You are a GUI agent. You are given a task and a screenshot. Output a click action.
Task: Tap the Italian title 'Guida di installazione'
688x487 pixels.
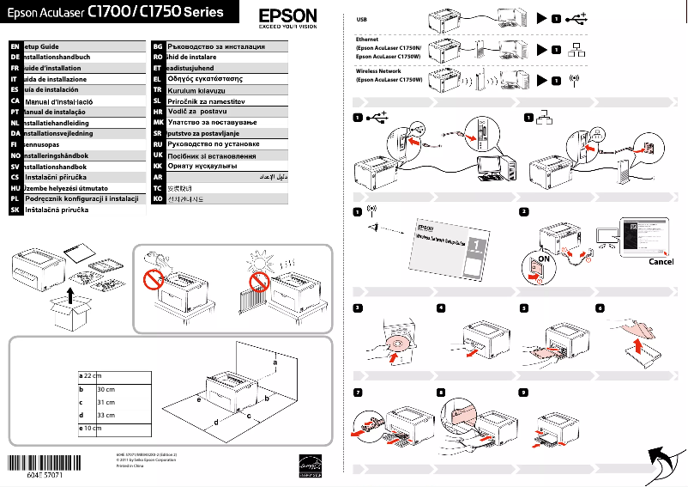point(56,79)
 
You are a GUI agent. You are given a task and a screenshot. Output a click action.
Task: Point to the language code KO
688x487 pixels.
point(158,199)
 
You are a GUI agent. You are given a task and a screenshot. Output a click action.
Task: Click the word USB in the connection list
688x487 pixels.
point(361,18)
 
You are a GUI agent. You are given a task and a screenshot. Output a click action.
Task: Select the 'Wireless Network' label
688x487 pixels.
point(378,70)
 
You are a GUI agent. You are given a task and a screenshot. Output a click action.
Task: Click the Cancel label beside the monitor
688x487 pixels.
point(661,262)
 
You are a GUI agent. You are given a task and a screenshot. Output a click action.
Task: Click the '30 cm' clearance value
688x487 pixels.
point(107,389)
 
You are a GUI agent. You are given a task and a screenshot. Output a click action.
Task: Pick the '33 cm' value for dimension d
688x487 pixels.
point(107,415)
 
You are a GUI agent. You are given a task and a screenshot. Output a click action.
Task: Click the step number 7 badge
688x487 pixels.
point(357,392)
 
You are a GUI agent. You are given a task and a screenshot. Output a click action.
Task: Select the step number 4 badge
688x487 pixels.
point(441,307)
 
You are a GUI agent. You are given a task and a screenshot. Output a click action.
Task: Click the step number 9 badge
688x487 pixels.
point(523,392)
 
